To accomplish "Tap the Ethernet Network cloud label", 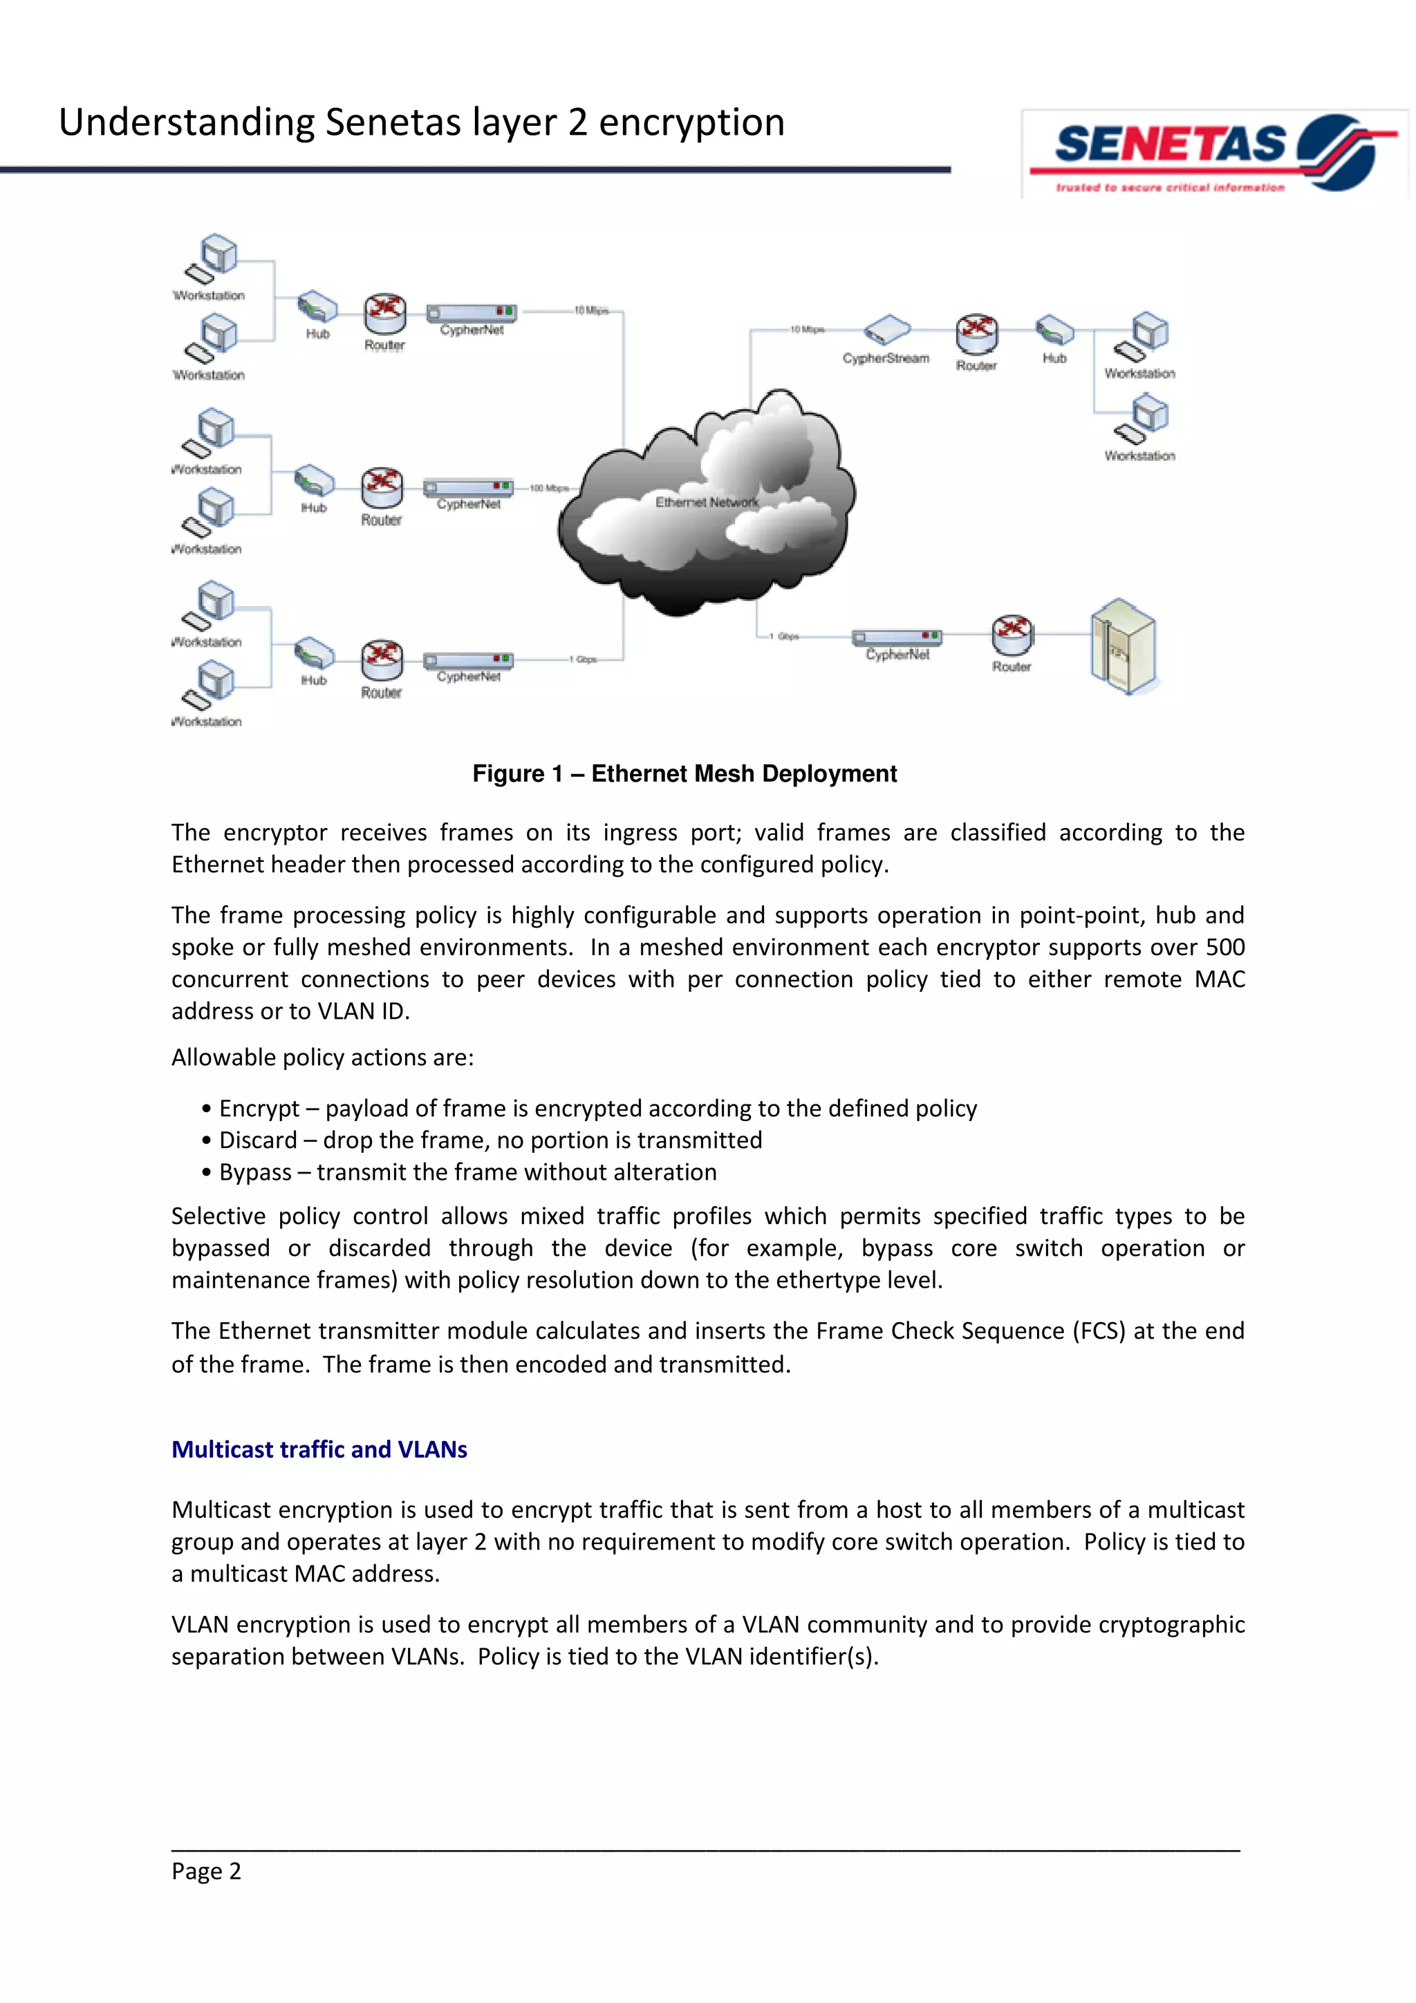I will [706, 502].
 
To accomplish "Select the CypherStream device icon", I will [886, 330].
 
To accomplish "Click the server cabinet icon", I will [1123, 646].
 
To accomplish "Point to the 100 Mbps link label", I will [549, 489].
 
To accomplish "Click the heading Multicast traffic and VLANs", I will [319, 1449].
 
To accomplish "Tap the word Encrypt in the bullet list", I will [259, 1108].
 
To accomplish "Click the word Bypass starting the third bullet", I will [254, 1172].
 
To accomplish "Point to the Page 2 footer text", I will [206, 1871].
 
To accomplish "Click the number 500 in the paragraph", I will [1225, 948].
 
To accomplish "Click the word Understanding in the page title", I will [186, 123].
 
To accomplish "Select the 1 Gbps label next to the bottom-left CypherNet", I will [584, 659].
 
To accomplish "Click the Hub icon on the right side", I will [1054, 330].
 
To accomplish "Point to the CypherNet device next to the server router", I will [896, 638].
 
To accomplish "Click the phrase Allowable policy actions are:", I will [322, 1057].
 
